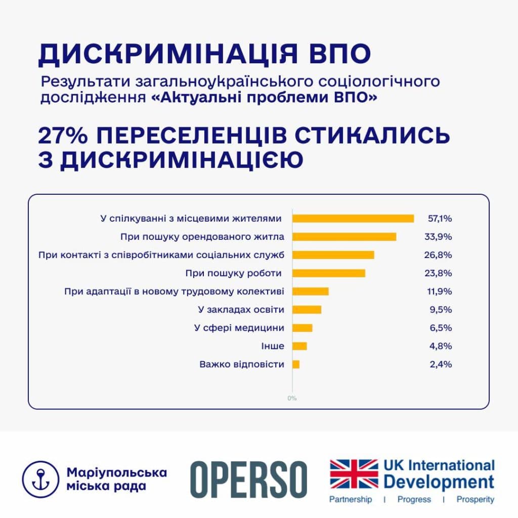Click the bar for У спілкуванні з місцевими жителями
(353, 219)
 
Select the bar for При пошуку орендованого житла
(344, 237)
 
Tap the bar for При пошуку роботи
(329, 273)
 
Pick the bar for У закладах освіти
(307, 310)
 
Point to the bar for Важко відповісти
(296, 364)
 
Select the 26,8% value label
(438, 255)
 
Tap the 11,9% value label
(438, 291)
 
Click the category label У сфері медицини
(239, 328)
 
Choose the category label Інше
(273, 346)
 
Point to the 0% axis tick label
(292, 398)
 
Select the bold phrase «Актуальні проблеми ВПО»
(264, 97)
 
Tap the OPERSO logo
(248, 479)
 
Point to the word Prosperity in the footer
(474, 500)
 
